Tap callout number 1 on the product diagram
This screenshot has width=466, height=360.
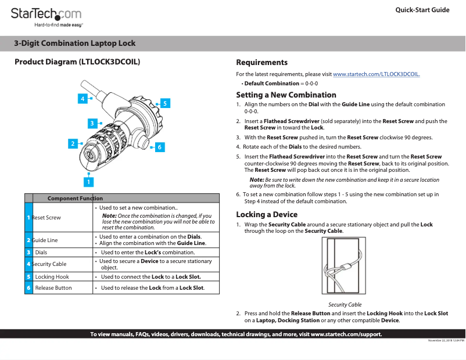pyautogui.click(x=88, y=182)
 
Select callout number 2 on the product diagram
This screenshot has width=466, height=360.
pyautogui.click(x=73, y=143)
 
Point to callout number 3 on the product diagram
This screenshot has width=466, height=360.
pyautogui.click(x=92, y=123)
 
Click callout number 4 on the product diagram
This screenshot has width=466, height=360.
pyautogui.click(x=83, y=99)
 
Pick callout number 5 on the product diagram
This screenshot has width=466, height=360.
pyautogui.click(x=165, y=103)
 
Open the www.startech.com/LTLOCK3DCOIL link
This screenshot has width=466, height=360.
pyautogui.click(x=376, y=74)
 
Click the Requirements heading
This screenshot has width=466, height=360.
pyautogui.click(x=261, y=62)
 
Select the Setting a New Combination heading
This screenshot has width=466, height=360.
pyautogui.click(x=286, y=95)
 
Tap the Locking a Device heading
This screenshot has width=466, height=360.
pyautogui.click(x=266, y=214)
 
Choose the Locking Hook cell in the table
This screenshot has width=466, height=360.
pyautogui.click(x=52, y=277)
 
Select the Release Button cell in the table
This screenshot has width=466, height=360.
pyautogui.click(x=53, y=287)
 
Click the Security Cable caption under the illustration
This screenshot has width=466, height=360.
pyautogui.click(x=345, y=304)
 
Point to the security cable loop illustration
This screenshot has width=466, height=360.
pyautogui.click(x=345, y=267)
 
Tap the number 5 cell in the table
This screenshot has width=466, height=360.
pyautogui.click(x=28, y=277)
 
